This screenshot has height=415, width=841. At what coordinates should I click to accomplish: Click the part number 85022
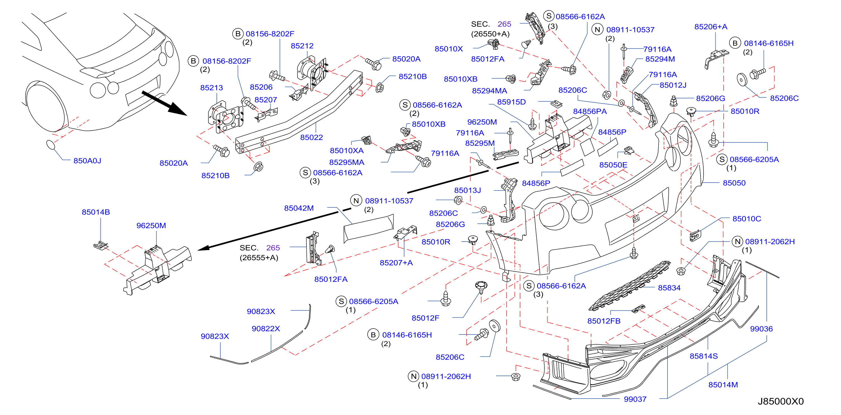(x=311, y=138)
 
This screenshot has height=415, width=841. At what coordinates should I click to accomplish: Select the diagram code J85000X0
(x=781, y=401)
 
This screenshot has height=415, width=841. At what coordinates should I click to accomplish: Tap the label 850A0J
(x=87, y=161)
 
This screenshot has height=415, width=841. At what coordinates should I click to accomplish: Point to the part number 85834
(x=669, y=288)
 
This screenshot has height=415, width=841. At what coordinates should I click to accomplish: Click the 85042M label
(x=299, y=208)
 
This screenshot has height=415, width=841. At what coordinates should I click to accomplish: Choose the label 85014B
(x=96, y=212)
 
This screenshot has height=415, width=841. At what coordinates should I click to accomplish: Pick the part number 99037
(x=635, y=399)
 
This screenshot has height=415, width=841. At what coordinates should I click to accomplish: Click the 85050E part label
(x=613, y=165)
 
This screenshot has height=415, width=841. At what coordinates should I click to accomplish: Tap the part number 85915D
(x=511, y=102)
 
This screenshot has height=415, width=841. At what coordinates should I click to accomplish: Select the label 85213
(x=211, y=88)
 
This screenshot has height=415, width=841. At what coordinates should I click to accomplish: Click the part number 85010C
(x=747, y=219)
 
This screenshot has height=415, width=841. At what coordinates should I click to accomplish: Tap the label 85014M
(x=723, y=385)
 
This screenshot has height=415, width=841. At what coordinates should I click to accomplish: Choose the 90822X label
(x=266, y=329)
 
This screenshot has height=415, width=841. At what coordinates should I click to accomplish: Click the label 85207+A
(x=396, y=263)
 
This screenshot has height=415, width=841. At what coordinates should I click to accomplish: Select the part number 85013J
(x=468, y=190)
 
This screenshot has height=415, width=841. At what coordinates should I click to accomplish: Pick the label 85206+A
(x=711, y=27)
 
